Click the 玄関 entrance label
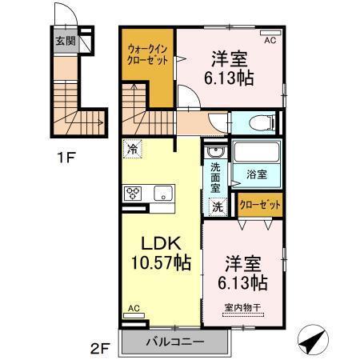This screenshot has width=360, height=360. tap(66, 41)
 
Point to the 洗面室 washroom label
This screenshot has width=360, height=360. tap(216, 178)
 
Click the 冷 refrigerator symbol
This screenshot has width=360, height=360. tap(132, 149)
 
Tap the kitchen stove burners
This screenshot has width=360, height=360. tap(132, 193)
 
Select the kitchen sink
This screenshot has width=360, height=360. tap(162, 193)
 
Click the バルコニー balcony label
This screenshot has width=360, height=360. tap(174, 342)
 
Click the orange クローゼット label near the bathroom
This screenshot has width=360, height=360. tap(262, 205)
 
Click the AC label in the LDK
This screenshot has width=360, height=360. tap(134, 308)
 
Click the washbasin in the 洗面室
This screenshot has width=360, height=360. tap(214, 152)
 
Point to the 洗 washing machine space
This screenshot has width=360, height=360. tap(216, 206)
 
